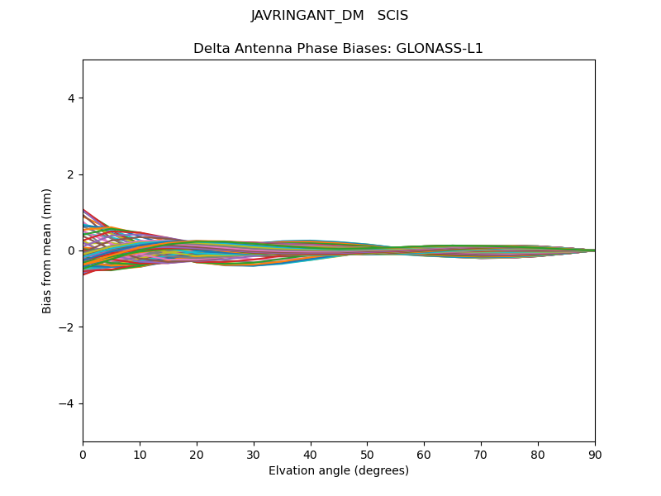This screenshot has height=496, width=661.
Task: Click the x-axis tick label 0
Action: coord(83,454)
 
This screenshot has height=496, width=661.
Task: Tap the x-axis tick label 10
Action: coord(140,454)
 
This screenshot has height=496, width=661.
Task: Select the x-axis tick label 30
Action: coord(254,454)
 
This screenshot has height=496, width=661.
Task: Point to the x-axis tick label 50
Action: coord(367,454)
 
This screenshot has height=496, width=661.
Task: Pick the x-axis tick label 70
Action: coord(481,454)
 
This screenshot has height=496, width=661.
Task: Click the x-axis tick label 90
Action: coord(595,454)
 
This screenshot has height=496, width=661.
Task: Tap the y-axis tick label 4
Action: coord(71,98)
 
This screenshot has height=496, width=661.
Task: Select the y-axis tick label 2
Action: coord(71,174)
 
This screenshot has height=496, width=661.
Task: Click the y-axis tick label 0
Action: coord(71,250)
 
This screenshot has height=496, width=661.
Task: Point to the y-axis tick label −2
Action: coord(68,327)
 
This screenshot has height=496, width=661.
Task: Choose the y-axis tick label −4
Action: coord(68,403)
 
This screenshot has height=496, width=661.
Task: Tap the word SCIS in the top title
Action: coord(392,16)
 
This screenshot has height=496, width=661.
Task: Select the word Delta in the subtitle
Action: coord(210,49)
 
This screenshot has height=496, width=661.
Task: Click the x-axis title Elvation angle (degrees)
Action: coord(339,471)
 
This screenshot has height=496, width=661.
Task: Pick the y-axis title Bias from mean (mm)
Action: coord(48,250)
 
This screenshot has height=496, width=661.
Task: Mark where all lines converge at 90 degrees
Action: coord(594,250)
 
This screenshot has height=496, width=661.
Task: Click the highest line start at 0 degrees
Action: coord(83,210)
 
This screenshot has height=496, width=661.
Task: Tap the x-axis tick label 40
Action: coord(311,454)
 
